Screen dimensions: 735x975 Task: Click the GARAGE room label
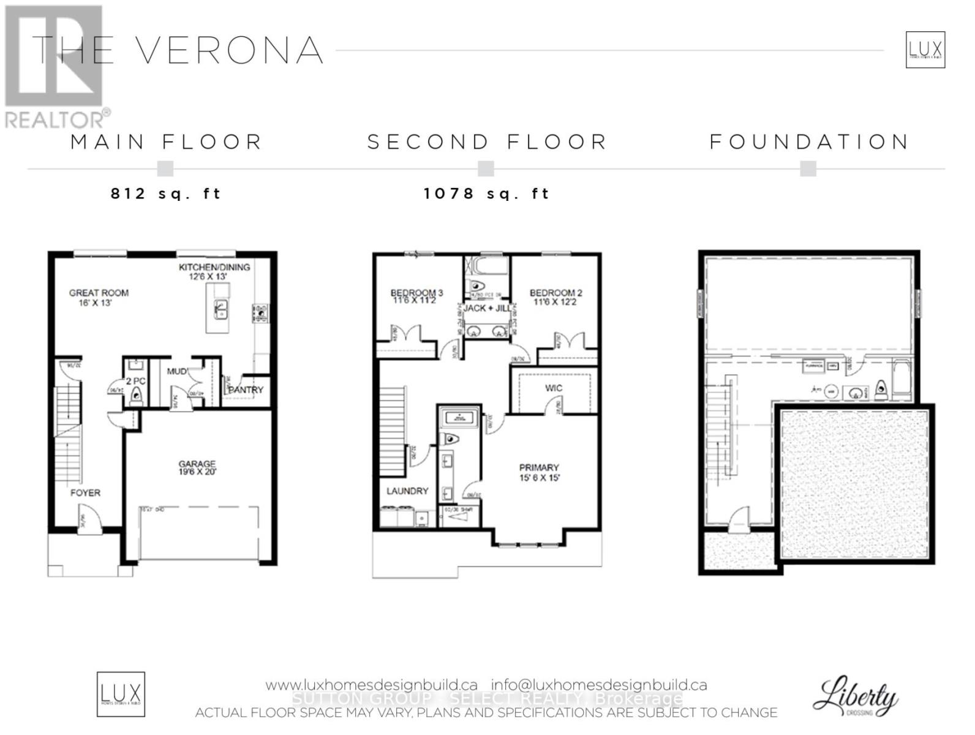197,464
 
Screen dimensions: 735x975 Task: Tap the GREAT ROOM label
99,293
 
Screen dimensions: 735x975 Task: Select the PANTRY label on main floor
246,390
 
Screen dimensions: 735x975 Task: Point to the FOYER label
85,492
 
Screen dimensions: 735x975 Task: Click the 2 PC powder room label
135,381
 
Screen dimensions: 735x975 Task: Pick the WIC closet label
554,388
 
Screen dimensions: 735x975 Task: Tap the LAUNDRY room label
407,491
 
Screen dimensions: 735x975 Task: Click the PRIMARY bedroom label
539,467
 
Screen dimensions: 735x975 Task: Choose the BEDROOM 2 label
555,293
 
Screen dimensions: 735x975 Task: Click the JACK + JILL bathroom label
487,308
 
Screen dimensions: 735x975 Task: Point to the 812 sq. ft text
165,194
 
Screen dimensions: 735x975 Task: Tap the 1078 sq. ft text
487,194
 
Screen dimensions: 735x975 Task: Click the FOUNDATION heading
809,142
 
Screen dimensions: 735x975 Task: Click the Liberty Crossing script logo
855,695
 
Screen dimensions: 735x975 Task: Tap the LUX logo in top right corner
925,50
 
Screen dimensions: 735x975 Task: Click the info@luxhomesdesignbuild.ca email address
599,685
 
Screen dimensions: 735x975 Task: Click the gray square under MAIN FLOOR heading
165,168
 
